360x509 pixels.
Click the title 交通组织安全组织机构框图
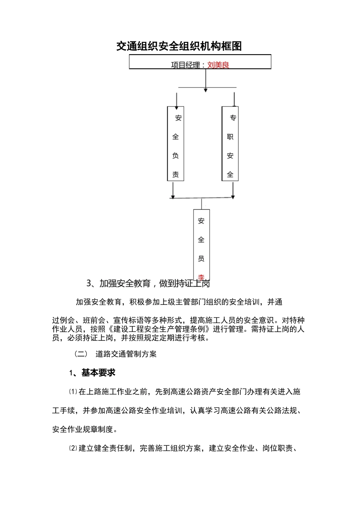point(179,46)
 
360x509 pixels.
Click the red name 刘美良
point(218,65)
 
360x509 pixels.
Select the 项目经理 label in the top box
point(185,65)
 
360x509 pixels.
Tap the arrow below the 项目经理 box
point(205,89)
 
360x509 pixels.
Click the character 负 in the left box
point(175,156)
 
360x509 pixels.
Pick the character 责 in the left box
point(175,175)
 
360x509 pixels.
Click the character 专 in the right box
point(233,118)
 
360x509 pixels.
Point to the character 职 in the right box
point(230,137)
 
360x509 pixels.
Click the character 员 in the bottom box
point(201,259)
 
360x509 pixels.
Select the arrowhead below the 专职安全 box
point(233,196)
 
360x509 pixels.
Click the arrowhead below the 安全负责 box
point(173,196)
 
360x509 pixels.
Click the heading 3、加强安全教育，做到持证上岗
point(148,283)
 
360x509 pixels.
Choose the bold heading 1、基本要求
point(92,373)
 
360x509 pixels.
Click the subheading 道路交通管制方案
point(126,354)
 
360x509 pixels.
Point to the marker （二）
point(80,354)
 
